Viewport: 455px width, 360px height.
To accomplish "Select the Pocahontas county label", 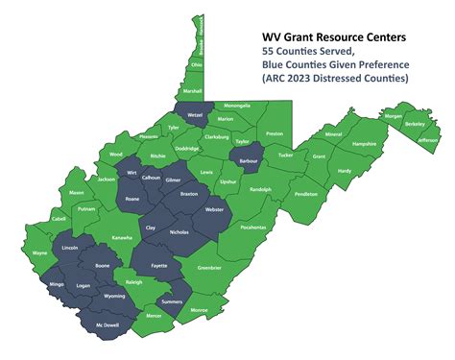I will (x=254, y=228).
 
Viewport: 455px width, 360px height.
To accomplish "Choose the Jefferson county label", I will (x=428, y=139).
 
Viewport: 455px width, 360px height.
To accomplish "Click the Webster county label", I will (x=214, y=209).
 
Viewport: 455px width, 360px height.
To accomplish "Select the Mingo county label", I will (x=57, y=284).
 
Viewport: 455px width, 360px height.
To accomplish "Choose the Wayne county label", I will (x=40, y=252).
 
